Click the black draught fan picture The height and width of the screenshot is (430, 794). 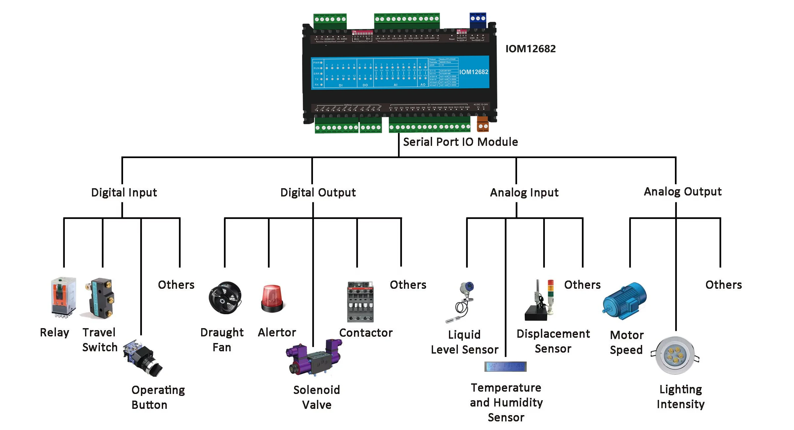click(225, 298)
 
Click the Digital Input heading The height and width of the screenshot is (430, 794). click(124, 193)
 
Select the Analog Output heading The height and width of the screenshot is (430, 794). click(683, 192)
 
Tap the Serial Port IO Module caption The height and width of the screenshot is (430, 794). click(460, 142)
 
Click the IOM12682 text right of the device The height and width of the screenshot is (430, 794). click(530, 49)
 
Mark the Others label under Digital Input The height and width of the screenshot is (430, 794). click(176, 285)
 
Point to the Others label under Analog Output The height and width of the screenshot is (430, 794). click(724, 285)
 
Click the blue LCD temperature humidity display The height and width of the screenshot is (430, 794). click(505, 366)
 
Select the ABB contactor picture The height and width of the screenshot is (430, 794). click(360, 302)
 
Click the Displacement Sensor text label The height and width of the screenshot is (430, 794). click(553, 341)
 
